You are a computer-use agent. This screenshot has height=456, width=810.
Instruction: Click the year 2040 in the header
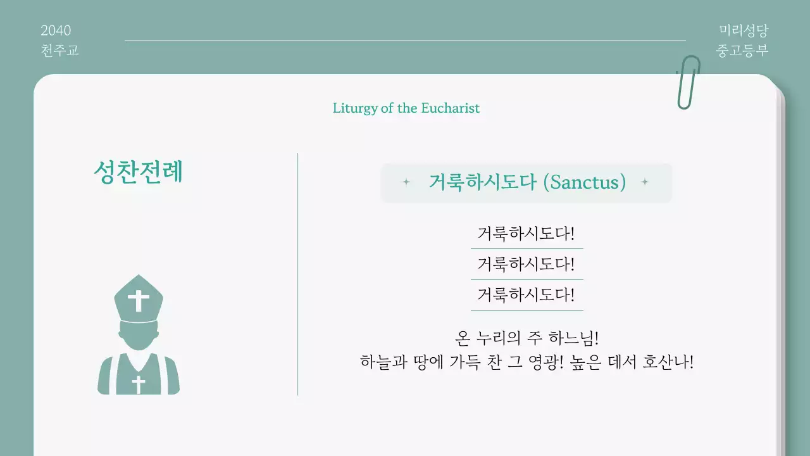[x=56, y=30]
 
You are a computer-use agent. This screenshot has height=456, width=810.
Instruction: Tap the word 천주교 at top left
[x=59, y=50]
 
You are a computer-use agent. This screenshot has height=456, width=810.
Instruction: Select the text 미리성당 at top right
[x=744, y=30]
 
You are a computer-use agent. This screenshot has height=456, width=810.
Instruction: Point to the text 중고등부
[x=742, y=50]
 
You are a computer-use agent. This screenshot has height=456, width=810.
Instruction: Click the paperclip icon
[x=688, y=82]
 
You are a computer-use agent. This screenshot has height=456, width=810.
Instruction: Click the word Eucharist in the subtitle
[x=450, y=108]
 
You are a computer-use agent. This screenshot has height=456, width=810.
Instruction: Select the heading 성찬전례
[x=138, y=172]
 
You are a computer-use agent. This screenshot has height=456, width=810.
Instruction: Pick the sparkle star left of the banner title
[x=406, y=182]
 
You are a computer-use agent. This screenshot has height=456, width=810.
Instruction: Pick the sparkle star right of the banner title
[x=645, y=182]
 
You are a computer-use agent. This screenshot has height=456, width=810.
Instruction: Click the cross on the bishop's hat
[x=138, y=300]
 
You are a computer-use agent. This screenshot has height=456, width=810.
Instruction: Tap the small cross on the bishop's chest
[x=138, y=384]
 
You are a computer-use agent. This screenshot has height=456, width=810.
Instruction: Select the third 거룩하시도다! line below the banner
[x=526, y=294]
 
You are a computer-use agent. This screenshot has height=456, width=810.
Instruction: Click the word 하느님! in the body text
[x=572, y=337]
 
